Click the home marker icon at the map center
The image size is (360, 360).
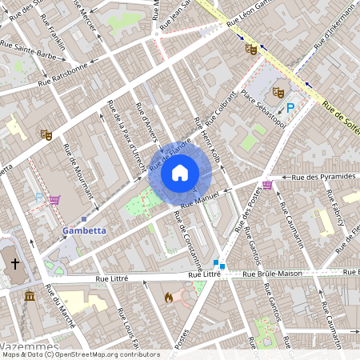(x=179, y=172)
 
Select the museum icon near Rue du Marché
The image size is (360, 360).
(x=30, y=297)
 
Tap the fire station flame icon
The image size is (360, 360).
(x=168, y=298)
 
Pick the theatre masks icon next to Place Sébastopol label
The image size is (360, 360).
(x=278, y=92)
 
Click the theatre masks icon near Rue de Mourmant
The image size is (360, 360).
(x=46, y=135)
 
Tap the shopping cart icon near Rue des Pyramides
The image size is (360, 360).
(x=266, y=185)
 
